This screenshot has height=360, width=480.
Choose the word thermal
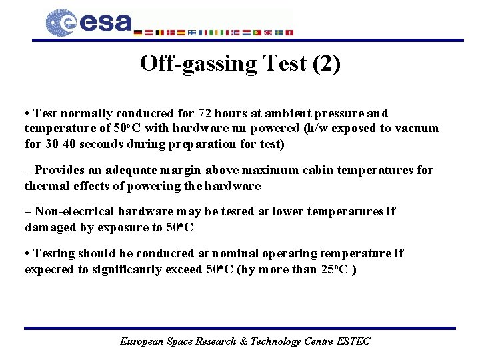click(47, 186)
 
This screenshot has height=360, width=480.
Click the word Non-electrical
click(74, 211)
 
